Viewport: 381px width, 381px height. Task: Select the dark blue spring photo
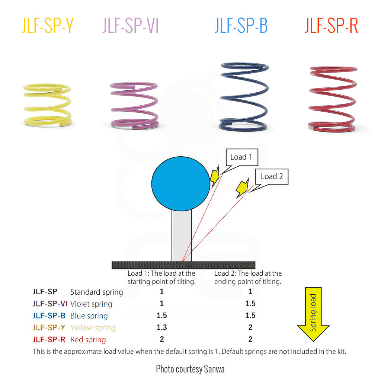244,97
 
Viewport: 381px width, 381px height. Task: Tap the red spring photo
332,99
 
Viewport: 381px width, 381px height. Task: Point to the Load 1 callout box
241,157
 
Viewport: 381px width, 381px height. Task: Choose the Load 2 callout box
272,176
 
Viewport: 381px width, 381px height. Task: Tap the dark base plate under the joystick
183,265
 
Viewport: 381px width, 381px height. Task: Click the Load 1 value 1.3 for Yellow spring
162,327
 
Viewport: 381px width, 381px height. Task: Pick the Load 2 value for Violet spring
250,304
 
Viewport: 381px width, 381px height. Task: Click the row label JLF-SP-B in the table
49,316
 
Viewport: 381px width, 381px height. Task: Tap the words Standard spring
96,292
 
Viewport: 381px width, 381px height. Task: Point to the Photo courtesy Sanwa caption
190,369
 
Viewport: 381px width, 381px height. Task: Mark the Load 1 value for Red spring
162,339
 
